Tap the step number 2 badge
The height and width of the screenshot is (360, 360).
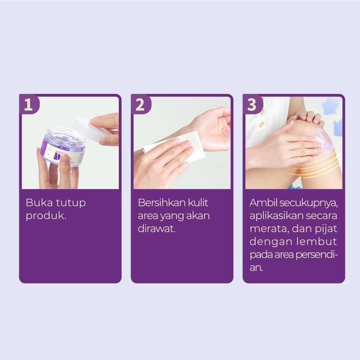tap(140, 105)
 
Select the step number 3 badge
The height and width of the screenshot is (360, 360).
tap(252, 105)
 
